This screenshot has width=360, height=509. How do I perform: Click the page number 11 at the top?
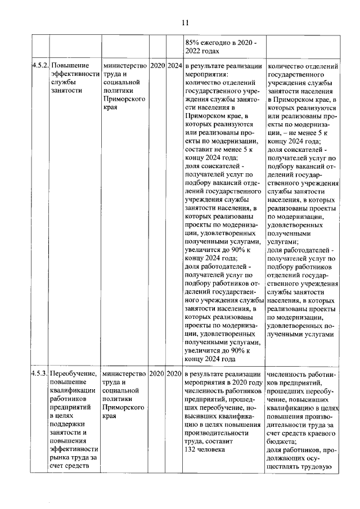click(x=185, y=22)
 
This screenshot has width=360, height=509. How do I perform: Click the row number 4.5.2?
click(x=39, y=66)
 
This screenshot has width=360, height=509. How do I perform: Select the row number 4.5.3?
click(x=39, y=373)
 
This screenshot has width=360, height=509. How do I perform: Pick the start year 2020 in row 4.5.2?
click(x=157, y=66)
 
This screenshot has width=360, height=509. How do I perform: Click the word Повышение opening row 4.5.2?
click(x=70, y=66)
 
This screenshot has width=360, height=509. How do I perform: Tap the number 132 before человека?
click(x=191, y=449)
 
